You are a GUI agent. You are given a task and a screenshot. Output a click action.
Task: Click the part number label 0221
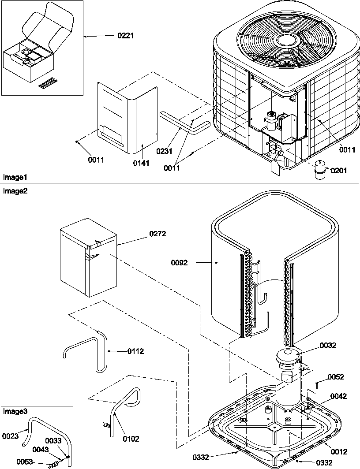[x=126, y=36]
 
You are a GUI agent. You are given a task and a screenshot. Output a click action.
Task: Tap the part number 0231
[x=165, y=151]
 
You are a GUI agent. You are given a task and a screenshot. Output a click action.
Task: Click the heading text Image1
[x=15, y=177]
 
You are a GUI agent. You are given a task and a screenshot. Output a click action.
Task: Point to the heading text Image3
[x=15, y=411]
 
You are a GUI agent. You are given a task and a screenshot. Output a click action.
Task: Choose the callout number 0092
[x=180, y=263]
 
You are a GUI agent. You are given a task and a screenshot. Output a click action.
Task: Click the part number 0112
[x=135, y=351]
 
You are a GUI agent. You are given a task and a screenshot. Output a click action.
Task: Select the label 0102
[x=131, y=439]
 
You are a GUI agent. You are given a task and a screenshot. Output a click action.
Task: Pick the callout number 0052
[x=335, y=377]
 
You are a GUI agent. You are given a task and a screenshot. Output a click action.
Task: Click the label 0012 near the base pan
[x=338, y=451]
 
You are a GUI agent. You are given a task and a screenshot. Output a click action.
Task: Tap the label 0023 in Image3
[x=10, y=436]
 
